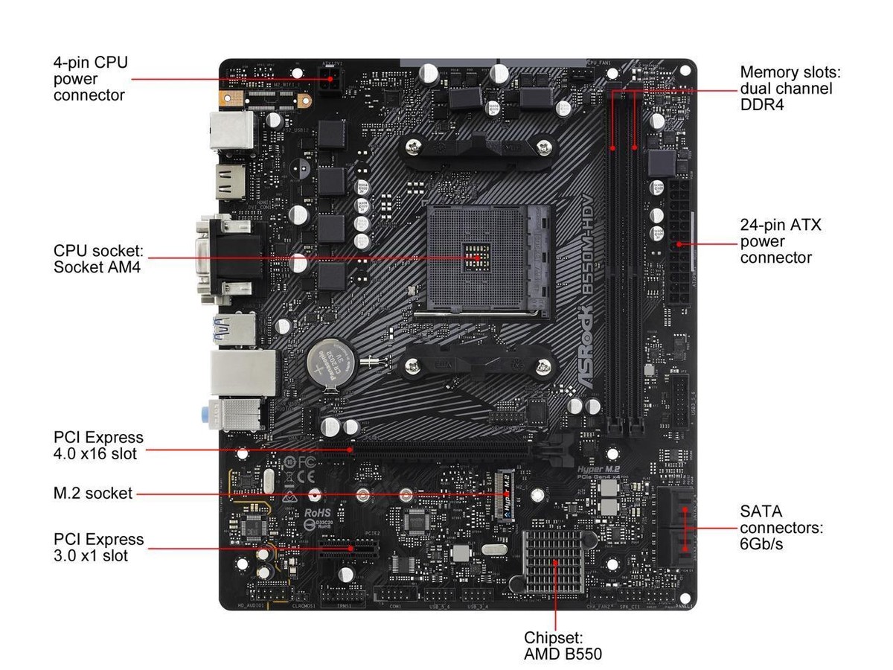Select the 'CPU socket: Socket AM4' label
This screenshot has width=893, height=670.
pos(97,258)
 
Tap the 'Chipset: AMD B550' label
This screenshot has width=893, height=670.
pos(563,646)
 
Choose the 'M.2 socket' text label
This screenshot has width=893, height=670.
pos(93,493)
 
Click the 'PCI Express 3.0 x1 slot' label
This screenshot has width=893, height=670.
pos(98,547)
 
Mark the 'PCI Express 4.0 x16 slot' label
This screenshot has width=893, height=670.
pos(98,445)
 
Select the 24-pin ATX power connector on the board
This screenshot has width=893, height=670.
pos(679,242)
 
